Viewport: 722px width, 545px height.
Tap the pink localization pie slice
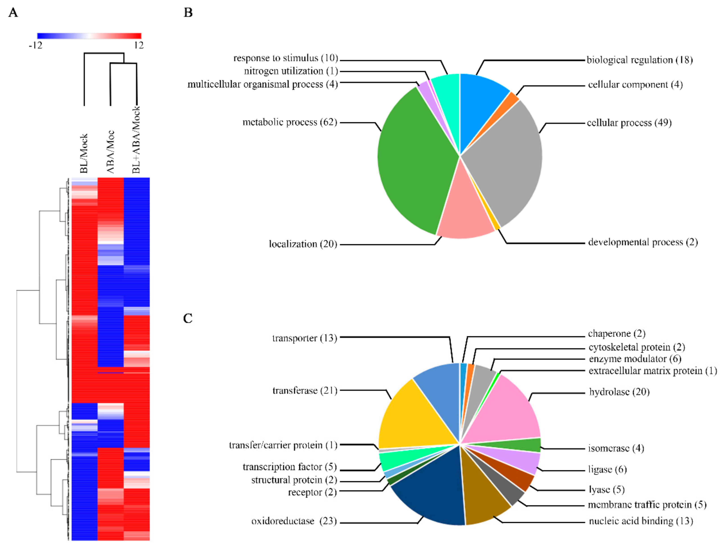(x=464, y=212)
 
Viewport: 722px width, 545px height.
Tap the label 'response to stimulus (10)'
(x=286, y=58)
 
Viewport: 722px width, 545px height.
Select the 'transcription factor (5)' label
(x=290, y=467)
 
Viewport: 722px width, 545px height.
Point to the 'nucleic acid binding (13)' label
(x=641, y=521)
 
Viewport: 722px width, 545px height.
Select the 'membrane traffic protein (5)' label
(x=647, y=505)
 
